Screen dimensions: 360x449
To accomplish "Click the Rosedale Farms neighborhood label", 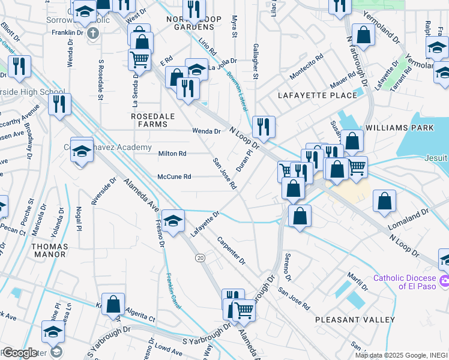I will [x=149, y=119].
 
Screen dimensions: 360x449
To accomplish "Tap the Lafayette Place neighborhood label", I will [x=307, y=95].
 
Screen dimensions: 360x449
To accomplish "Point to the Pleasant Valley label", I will [x=355, y=320].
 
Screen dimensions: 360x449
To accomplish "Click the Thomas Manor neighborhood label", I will [x=49, y=250].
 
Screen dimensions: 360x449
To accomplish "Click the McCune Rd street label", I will [x=174, y=177].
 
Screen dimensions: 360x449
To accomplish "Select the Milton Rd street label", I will [x=172, y=154].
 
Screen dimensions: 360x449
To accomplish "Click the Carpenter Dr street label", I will [x=231, y=250].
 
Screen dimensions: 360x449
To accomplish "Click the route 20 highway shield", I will [x=200, y=257].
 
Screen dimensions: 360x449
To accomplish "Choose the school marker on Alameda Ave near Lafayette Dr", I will [x=173, y=221].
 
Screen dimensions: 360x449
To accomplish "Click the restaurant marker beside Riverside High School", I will [x=59, y=104].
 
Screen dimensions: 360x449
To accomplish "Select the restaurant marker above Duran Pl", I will [x=264, y=127].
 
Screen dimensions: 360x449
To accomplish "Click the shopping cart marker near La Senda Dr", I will [x=139, y=59].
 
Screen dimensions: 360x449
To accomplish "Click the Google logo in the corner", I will [x=19, y=353].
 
